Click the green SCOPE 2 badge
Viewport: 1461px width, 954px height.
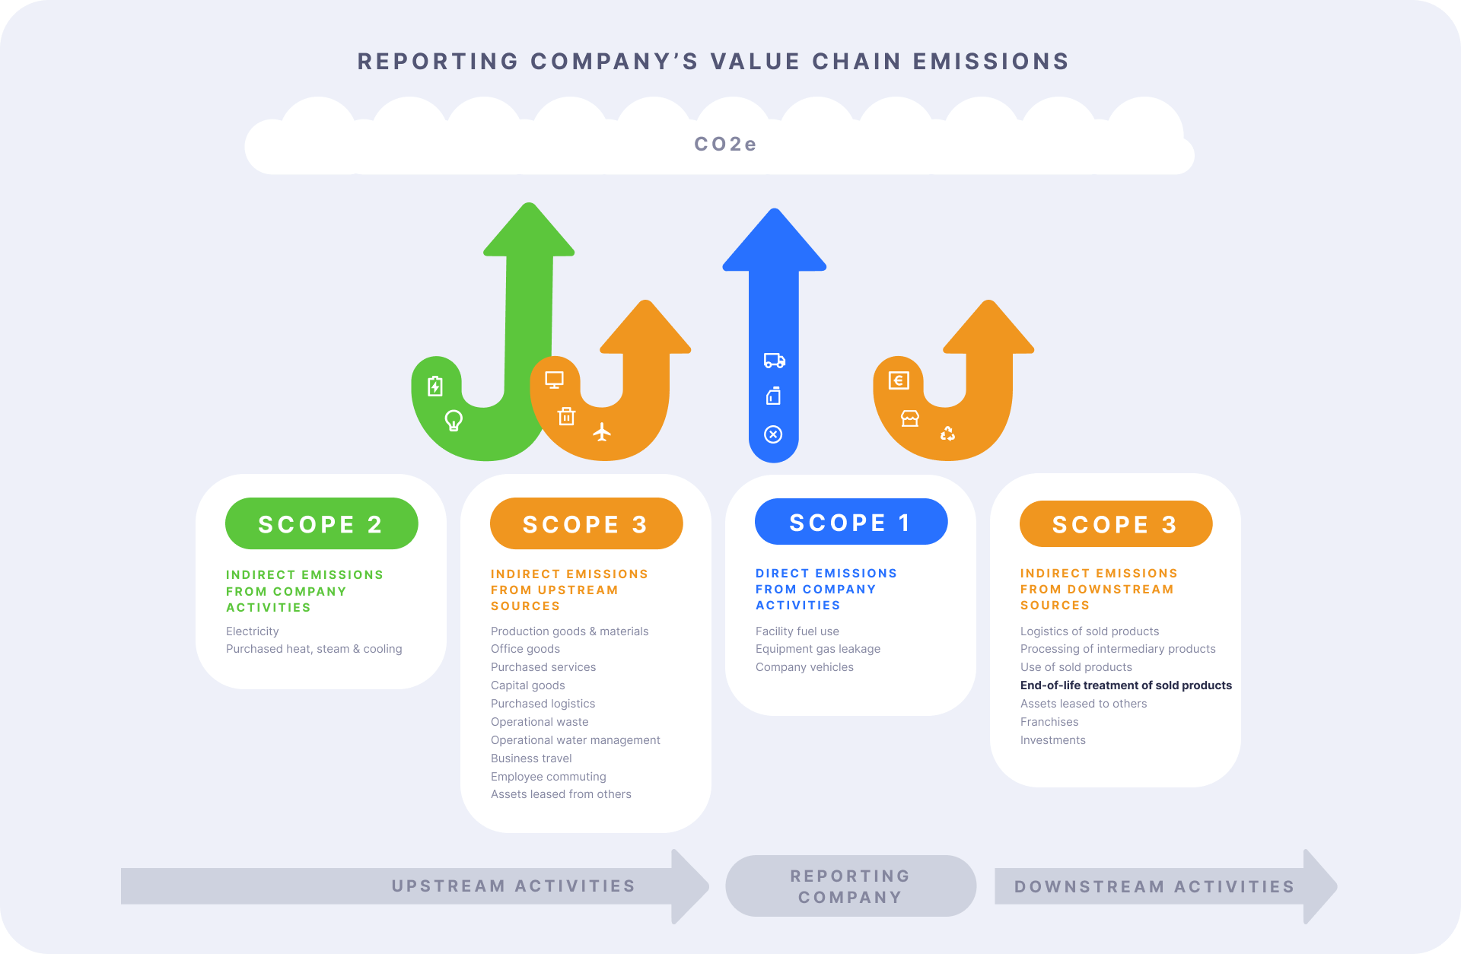tap(321, 523)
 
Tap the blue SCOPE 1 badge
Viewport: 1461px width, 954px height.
tap(851, 522)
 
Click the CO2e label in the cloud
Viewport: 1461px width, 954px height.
tap(725, 144)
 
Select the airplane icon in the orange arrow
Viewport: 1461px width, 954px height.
tap(602, 432)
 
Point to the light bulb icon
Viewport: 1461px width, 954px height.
tap(454, 420)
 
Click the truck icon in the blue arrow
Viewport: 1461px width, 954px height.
tap(774, 361)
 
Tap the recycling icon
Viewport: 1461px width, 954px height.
tap(947, 433)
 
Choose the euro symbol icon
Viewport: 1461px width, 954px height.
tap(899, 380)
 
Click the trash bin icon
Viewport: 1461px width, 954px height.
tap(566, 416)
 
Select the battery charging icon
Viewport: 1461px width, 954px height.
tap(434, 386)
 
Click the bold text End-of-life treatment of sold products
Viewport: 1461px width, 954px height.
tap(1125, 685)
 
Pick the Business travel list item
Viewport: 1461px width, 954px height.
tap(531, 758)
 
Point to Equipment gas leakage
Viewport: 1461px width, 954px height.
tap(817, 649)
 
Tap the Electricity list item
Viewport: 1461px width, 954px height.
tap(252, 631)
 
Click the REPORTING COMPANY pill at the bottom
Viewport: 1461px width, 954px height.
tap(850, 886)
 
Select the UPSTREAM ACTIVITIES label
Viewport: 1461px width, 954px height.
tap(513, 886)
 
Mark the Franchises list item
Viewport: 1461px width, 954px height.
tap(1049, 722)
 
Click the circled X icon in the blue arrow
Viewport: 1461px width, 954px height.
tap(773, 434)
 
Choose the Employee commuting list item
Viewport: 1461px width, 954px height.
tap(548, 777)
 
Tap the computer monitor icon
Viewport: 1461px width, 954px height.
tap(554, 380)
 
